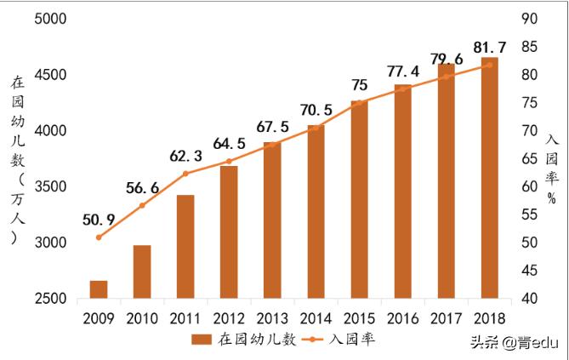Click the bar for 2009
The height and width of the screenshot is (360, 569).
(99, 289)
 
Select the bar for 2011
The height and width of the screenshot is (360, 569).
(185, 247)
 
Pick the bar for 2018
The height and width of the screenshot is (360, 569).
(489, 178)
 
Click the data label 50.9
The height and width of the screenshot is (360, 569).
(100, 220)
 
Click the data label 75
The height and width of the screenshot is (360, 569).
(360, 85)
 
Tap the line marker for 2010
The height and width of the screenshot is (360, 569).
(142, 206)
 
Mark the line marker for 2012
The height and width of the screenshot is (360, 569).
(229, 161)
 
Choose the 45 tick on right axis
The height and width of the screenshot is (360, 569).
(529, 271)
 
